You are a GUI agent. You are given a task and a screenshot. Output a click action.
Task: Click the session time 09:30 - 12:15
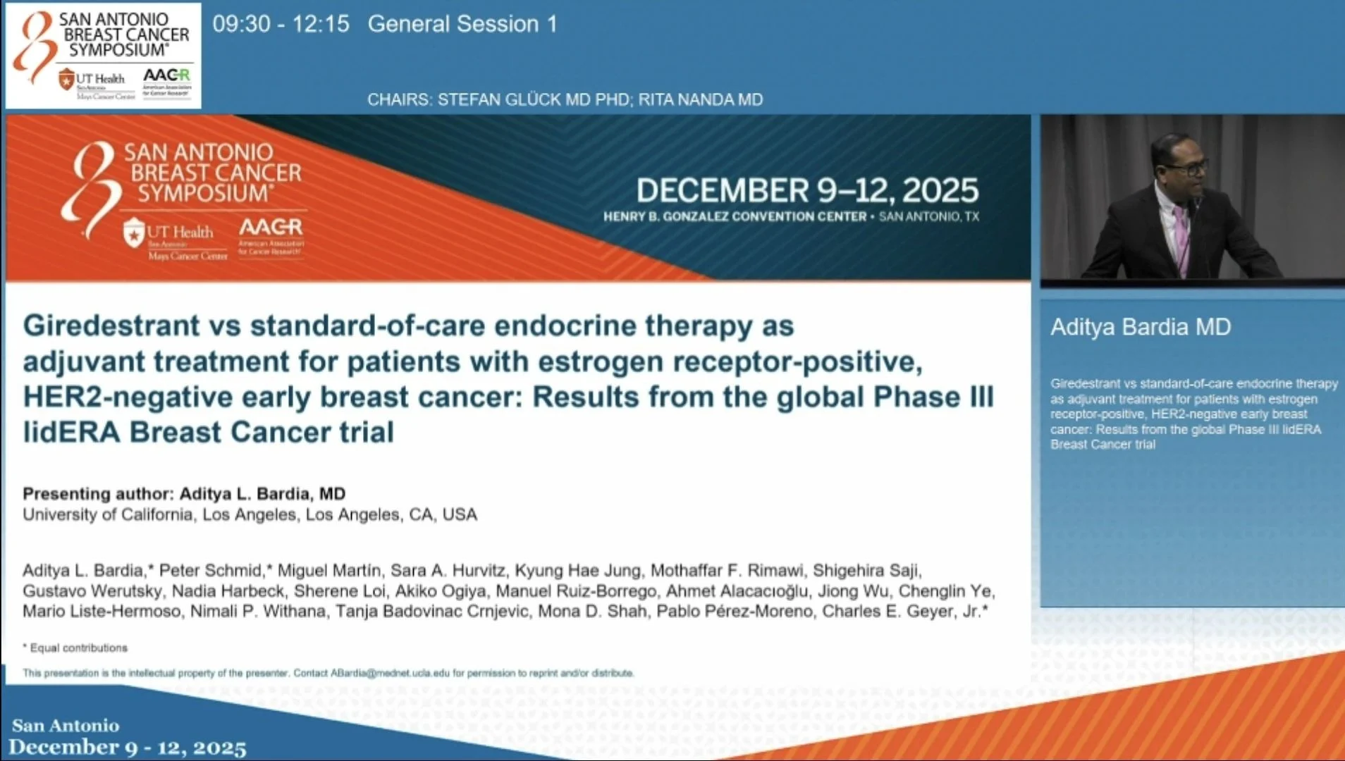[x=281, y=24]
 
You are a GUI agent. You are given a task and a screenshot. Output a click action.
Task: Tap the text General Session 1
[x=462, y=24]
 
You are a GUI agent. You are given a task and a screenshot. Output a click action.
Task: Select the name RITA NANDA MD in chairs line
[x=701, y=99]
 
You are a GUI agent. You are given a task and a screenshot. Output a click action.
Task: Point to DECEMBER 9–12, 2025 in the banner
[x=807, y=190]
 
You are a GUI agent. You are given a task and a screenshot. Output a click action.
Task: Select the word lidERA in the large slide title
[x=71, y=432]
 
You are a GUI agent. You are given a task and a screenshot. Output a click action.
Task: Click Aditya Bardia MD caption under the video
[x=1141, y=327]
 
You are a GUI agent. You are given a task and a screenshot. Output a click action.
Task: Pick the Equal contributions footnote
[x=78, y=648]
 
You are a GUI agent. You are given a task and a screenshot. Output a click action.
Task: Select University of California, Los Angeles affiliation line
[x=250, y=514]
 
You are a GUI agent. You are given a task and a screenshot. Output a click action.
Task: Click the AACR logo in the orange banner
[x=271, y=228]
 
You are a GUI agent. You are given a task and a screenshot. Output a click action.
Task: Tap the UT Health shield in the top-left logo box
[x=66, y=79]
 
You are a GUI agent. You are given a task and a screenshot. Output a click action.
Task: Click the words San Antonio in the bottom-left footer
[x=66, y=725]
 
